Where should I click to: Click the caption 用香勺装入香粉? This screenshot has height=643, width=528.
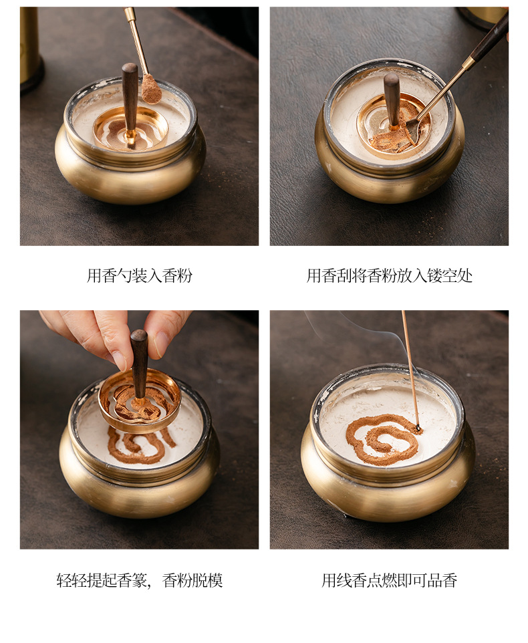coord(140,275)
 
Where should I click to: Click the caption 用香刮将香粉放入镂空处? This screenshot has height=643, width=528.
coord(389,275)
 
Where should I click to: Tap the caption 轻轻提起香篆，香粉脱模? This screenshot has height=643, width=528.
coord(140,580)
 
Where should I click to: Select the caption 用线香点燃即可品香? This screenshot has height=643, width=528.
coord(389,580)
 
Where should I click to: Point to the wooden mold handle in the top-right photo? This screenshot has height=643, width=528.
coord(392,99)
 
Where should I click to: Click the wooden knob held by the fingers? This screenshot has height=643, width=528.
coord(139,361)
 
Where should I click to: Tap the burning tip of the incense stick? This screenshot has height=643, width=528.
coord(418,428)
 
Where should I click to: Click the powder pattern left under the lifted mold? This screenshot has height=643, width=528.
coord(140,445)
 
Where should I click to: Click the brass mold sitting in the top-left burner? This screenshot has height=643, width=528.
coord(131,128)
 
